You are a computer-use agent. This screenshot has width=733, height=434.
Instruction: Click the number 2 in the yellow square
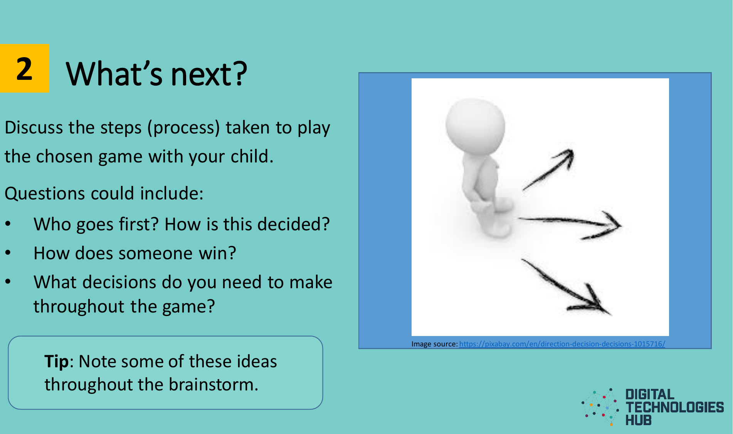pyautogui.click(x=24, y=69)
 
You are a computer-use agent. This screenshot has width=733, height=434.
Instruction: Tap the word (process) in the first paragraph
pyautogui.click(x=183, y=128)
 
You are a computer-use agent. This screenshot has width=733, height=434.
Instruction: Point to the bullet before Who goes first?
pyautogui.click(x=8, y=224)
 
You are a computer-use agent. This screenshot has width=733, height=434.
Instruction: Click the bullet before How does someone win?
pyautogui.click(x=8, y=253)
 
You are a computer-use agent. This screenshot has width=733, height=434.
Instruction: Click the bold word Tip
pyautogui.click(x=56, y=361)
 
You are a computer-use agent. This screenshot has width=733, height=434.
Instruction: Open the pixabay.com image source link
pyautogui.click(x=562, y=344)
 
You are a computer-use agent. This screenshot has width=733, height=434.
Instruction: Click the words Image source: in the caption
pyautogui.click(x=434, y=344)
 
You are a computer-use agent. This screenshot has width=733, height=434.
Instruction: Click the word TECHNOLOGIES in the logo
pyautogui.click(x=674, y=407)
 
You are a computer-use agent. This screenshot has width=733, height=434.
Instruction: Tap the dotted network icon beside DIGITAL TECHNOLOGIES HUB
pyautogui.click(x=601, y=407)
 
